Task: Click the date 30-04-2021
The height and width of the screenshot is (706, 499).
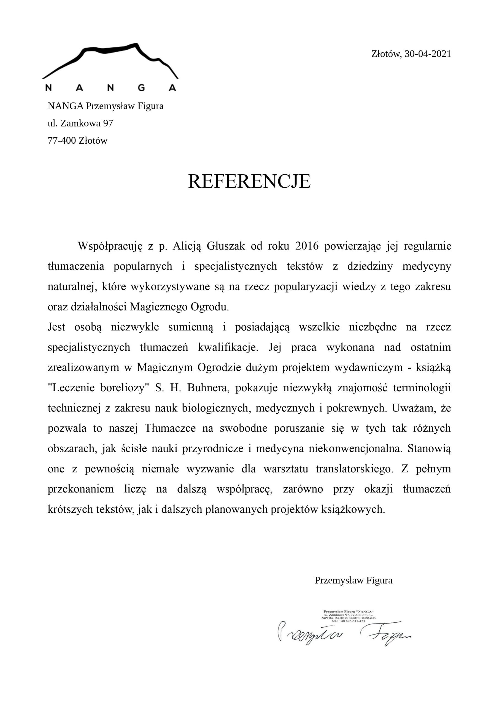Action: [428, 54]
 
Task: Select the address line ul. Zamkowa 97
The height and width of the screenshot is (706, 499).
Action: [80, 123]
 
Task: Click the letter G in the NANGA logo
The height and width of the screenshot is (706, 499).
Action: [141, 88]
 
